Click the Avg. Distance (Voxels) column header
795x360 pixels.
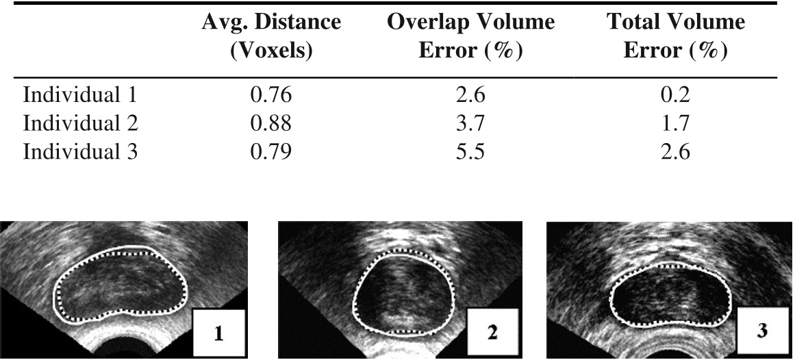271,36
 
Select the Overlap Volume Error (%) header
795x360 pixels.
470,36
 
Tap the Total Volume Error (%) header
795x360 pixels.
675,36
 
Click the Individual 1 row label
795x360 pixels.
80,95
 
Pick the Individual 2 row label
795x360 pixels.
80,123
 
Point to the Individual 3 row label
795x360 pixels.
80,152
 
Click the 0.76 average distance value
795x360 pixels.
271,95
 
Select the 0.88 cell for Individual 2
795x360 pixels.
271,123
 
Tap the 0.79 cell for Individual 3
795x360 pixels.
271,152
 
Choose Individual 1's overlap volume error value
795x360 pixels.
470,95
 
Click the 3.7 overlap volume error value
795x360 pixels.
470,123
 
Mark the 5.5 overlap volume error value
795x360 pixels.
470,152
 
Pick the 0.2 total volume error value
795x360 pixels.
675,95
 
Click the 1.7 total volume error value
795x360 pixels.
675,123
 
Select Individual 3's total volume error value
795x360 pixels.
675,152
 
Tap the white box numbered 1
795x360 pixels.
219,332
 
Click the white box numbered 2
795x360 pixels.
493,332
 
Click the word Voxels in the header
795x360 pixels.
271,51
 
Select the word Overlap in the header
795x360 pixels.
429,23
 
